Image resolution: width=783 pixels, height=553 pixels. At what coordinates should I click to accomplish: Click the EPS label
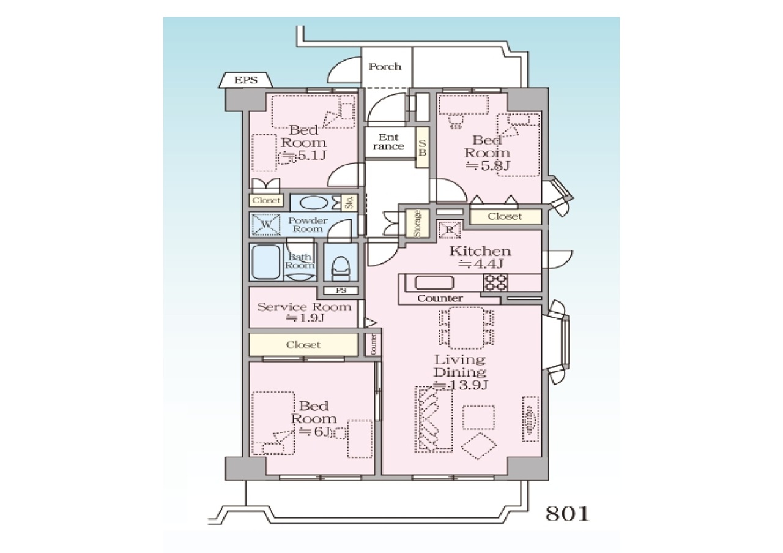click(245, 80)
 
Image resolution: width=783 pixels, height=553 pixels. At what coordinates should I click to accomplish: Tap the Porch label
click(385, 67)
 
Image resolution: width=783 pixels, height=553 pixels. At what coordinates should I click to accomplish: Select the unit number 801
click(567, 514)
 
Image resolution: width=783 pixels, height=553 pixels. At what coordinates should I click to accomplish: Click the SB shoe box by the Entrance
click(422, 148)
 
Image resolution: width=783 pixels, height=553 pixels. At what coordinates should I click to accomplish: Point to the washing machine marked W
click(266, 224)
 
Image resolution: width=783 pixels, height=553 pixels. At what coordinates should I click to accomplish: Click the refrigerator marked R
click(450, 230)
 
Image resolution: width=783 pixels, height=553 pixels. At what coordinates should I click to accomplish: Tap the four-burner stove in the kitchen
click(495, 283)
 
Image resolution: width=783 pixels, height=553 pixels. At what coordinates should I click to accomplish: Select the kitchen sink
click(434, 283)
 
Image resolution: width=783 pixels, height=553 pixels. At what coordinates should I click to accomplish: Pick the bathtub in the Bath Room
click(266, 261)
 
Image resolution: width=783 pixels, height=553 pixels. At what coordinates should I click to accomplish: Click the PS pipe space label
click(341, 290)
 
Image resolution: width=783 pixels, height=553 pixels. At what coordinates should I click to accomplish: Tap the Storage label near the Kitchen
click(417, 223)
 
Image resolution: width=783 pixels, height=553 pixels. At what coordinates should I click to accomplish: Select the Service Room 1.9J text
click(305, 312)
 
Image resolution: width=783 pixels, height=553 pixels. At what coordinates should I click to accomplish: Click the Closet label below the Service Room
click(303, 345)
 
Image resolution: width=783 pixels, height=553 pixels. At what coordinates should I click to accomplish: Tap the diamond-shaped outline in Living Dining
click(479, 446)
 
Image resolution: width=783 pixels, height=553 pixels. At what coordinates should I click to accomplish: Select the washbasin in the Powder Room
click(314, 203)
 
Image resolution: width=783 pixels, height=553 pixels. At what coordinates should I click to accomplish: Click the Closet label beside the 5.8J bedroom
click(505, 217)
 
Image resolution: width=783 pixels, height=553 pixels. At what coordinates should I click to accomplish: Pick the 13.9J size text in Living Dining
click(461, 385)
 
